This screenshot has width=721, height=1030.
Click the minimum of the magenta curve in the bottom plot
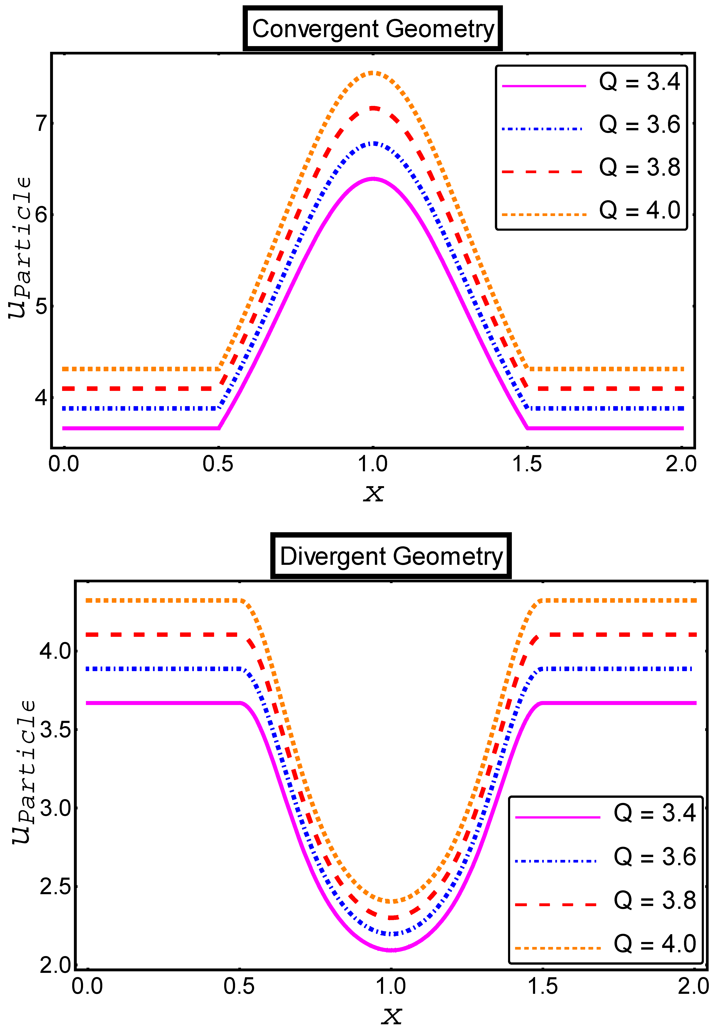pos(391,950)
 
